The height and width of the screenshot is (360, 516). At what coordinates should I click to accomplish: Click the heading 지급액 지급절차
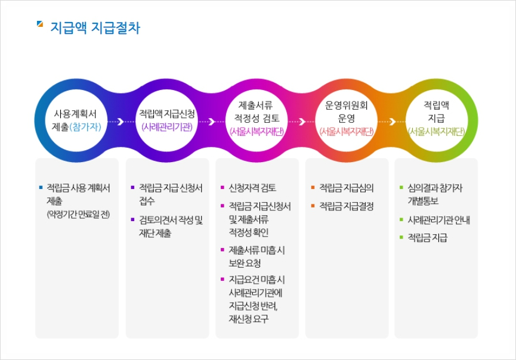coord(95,27)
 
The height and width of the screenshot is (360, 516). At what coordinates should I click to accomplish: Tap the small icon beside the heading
coord(40,24)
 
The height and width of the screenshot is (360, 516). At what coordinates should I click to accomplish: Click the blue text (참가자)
coord(85,126)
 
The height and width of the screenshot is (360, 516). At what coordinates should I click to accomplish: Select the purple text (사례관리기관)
coord(167,126)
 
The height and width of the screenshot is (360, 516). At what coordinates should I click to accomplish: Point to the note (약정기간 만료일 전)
coord(78,215)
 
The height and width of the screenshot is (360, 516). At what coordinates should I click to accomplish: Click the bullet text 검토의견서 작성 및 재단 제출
coord(171,226)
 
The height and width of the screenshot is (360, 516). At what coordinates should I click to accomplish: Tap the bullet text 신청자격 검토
coord(252,188)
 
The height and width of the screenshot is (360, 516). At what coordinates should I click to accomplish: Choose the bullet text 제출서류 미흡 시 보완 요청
coord(257,257)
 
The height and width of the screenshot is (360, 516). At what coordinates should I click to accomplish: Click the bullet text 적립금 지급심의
coord(347,188)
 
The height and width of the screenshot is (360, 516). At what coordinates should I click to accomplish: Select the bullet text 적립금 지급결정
coord(347,206)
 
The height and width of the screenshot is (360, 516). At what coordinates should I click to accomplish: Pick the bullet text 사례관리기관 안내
coord(438,219)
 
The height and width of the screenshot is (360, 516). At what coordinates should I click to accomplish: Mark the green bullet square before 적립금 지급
coord(401,237)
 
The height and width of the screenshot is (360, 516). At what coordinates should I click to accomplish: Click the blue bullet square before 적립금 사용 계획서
coord(41,187)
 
